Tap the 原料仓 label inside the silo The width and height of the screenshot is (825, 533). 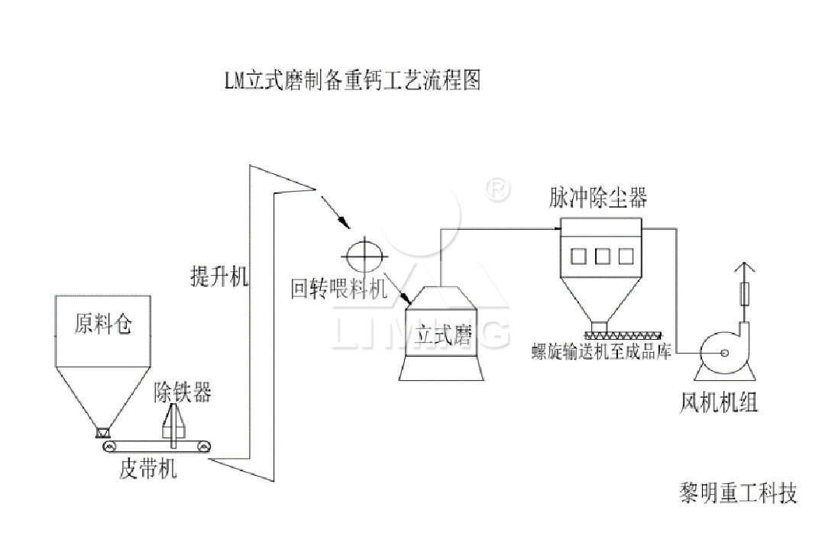(102, 325)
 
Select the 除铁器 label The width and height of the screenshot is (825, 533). (183, 393)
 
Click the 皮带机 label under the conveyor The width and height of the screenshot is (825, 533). (149, 468)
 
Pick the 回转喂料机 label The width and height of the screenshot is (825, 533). (339, 289)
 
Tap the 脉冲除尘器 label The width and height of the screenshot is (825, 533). (598, 198)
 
